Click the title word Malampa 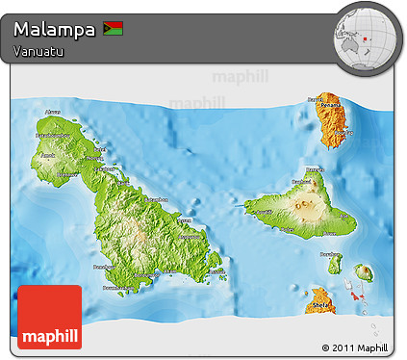pos(55,29)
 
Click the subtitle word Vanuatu pos(38,51)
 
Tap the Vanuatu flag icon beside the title pos(113,29)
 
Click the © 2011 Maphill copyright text pos(356,347)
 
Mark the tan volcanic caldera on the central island pos(308,203)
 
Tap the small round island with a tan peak pos(364,273)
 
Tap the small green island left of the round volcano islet pos(335,263)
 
